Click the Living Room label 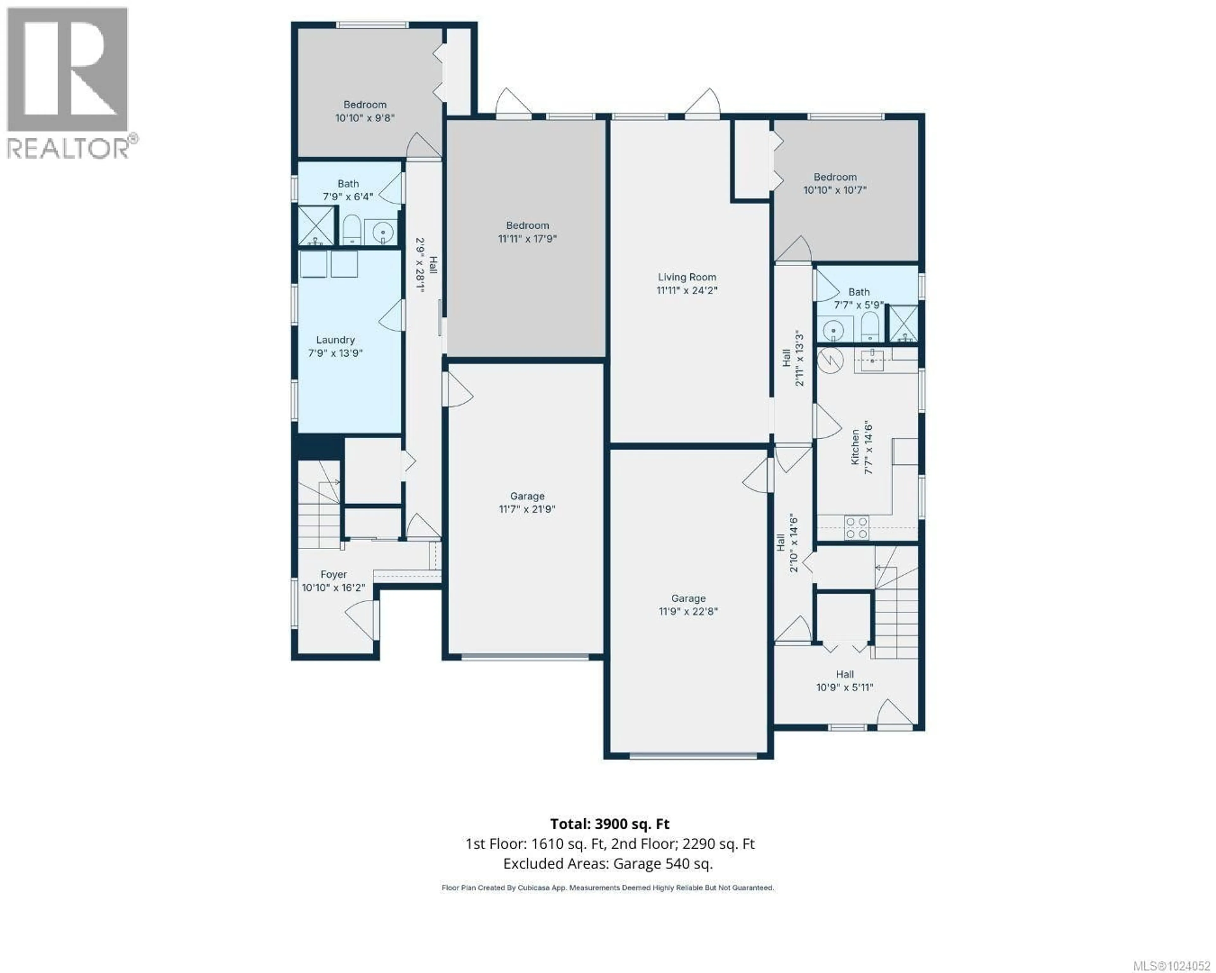click(x=687, y=277)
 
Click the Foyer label click(x=333, y=574)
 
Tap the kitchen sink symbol click(x=872, y=359)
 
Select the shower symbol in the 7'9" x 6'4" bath click(x=316, y=226)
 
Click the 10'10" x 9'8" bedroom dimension click(x=364, y=118)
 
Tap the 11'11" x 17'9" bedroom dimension click(x=527, y=238)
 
